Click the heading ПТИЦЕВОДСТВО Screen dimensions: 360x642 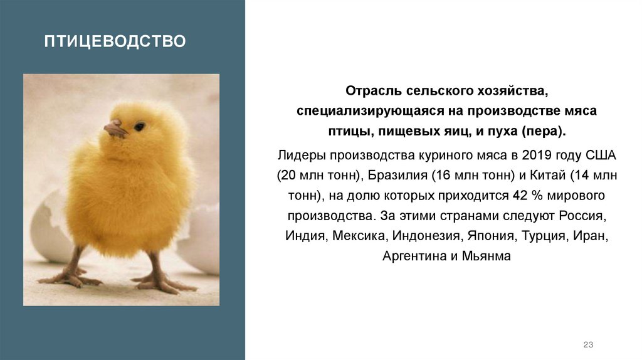[115, 42]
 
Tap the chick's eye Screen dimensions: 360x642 [139, 126]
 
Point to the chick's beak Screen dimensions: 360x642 [115, 129]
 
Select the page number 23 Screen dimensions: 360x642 [587, 344]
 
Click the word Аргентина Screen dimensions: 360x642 [411, 257]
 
